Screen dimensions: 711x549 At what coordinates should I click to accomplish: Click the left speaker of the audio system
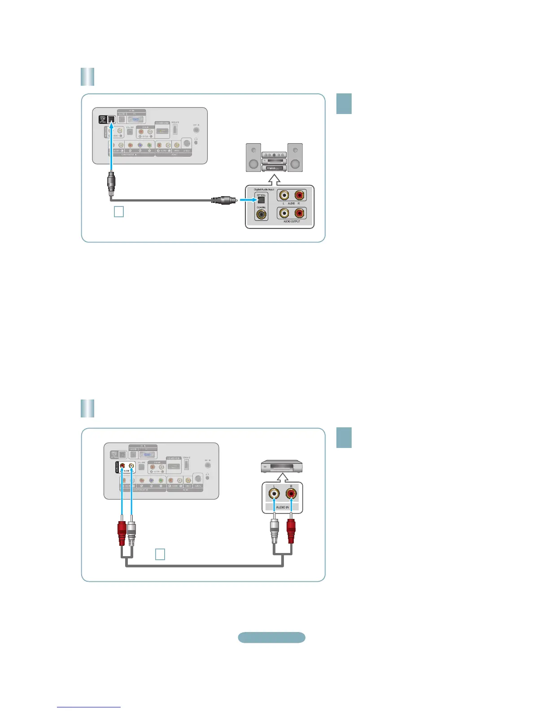[x=253, y=157]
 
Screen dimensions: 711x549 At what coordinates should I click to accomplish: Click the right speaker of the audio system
[x=295, y=157]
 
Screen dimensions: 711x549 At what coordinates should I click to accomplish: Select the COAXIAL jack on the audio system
[x=261, y=215]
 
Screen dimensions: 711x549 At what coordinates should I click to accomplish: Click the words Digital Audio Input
[x=264, y=189]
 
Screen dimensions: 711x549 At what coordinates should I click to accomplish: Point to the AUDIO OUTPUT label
[x=292, y=221]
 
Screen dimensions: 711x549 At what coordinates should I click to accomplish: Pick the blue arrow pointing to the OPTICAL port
[x=246, y=200]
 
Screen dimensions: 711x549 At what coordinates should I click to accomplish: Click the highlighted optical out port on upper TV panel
[x=111, y=119]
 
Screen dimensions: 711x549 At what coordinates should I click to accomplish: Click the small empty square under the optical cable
[x=119, y=211]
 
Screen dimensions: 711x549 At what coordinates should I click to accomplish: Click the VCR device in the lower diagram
[x=282, y=467]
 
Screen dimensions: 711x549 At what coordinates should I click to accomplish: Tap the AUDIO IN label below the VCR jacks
[x=282, y=507]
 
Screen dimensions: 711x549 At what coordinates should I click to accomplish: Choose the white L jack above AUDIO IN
[x=274, y=494]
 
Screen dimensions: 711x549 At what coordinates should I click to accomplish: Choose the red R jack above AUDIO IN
[x=292, y=494]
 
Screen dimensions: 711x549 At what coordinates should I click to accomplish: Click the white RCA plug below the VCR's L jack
[x=274, y=532]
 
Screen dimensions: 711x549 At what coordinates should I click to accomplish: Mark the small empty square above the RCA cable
[x=160, y=554]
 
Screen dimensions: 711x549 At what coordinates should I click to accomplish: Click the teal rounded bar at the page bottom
[x=271, y=637]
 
